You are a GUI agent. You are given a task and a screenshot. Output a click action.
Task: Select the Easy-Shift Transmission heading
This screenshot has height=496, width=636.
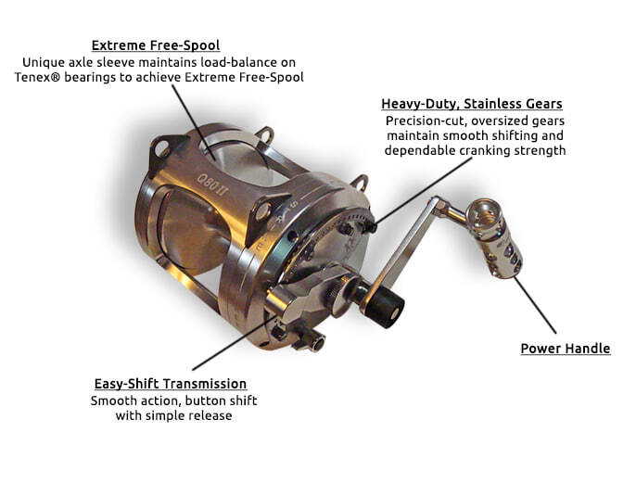click(171, 383)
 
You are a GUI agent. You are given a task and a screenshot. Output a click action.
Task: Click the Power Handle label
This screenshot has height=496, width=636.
click(566, 349)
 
